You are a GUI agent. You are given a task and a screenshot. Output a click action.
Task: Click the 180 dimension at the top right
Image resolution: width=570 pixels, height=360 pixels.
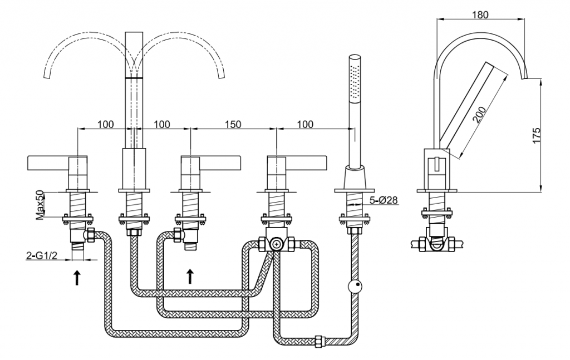(x=480, y=15)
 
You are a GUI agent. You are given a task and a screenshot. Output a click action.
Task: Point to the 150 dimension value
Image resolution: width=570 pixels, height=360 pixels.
(x=233, y=124)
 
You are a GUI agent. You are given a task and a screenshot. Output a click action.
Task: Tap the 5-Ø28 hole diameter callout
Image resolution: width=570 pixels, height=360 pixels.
(x=384, y=200)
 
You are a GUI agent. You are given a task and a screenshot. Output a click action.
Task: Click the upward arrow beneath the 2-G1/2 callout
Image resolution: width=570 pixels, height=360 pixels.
(x=77, y=277)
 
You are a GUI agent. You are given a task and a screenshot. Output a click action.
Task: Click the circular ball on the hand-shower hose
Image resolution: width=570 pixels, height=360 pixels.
(x=354, y=287)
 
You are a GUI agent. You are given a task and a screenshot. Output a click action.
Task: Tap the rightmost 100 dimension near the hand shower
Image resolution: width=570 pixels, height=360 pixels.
(x=304, y=124)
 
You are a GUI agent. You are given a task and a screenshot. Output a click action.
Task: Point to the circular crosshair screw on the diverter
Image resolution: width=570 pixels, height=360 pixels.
(x=277, y=243)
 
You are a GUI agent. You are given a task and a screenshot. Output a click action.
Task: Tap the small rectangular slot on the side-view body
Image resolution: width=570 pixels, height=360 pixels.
(x=438, y=165)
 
